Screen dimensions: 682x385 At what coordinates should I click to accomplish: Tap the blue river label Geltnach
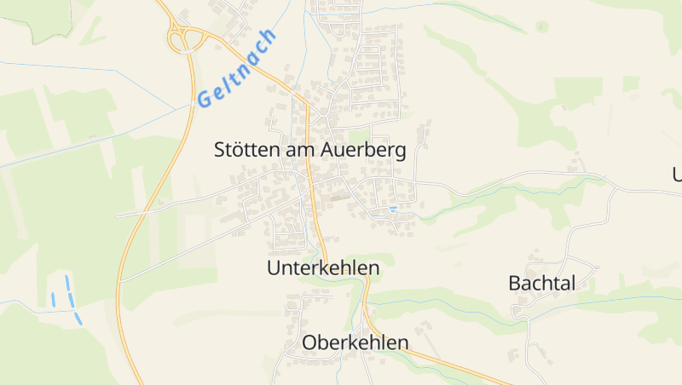point(237,68)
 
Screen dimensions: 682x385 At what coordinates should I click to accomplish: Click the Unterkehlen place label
point(322,267)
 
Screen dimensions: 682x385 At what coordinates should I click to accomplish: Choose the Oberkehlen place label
point(355,342)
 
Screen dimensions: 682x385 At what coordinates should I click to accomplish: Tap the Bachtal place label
point(542,283)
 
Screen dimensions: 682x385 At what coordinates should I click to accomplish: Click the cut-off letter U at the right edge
point(677,175)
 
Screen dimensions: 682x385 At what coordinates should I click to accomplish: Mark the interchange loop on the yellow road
point(184,37)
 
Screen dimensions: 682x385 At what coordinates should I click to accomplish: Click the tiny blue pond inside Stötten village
point(393,208)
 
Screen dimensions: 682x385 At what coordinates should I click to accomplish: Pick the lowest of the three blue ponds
point(78,319)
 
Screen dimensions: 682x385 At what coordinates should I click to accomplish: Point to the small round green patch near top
point(541,26)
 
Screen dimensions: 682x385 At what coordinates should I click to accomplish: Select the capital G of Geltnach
point(205,99)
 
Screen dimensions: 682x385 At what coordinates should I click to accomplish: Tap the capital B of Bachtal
point(515,283)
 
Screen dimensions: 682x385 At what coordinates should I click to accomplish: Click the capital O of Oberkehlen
point(309,342)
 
